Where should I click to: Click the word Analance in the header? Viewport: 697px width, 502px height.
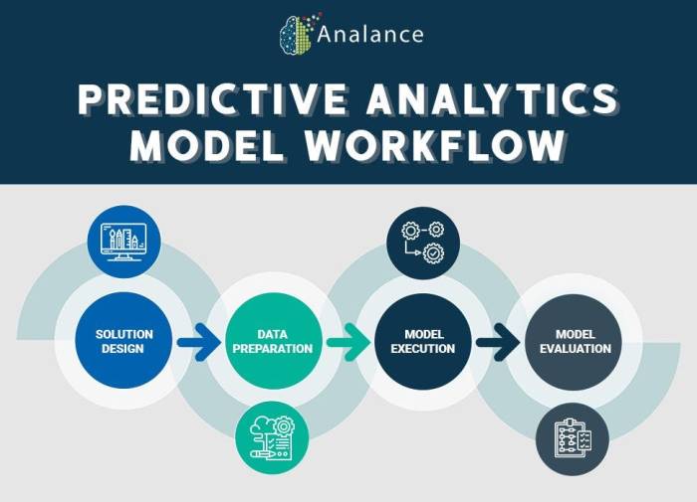coord(370,34)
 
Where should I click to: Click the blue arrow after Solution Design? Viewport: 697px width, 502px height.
coord(198,343)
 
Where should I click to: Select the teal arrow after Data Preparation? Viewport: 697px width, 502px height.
coord(348,343)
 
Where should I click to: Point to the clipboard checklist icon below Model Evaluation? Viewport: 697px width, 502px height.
coord(572,439)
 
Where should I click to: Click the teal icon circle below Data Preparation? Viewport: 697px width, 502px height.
coord(272,437)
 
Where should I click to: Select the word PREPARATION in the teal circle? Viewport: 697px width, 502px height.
coord(272,349)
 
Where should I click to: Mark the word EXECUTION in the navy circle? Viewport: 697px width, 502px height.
coord(422,349)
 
